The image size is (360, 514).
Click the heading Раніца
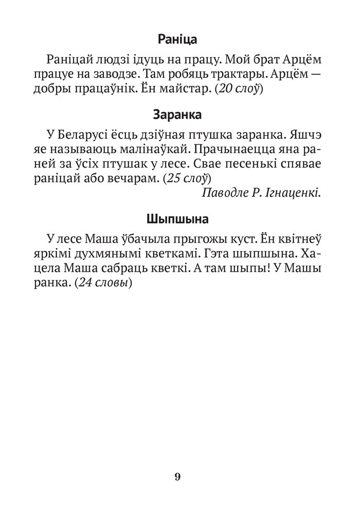click(177, 40)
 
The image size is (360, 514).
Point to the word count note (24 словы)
click(103, 283)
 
